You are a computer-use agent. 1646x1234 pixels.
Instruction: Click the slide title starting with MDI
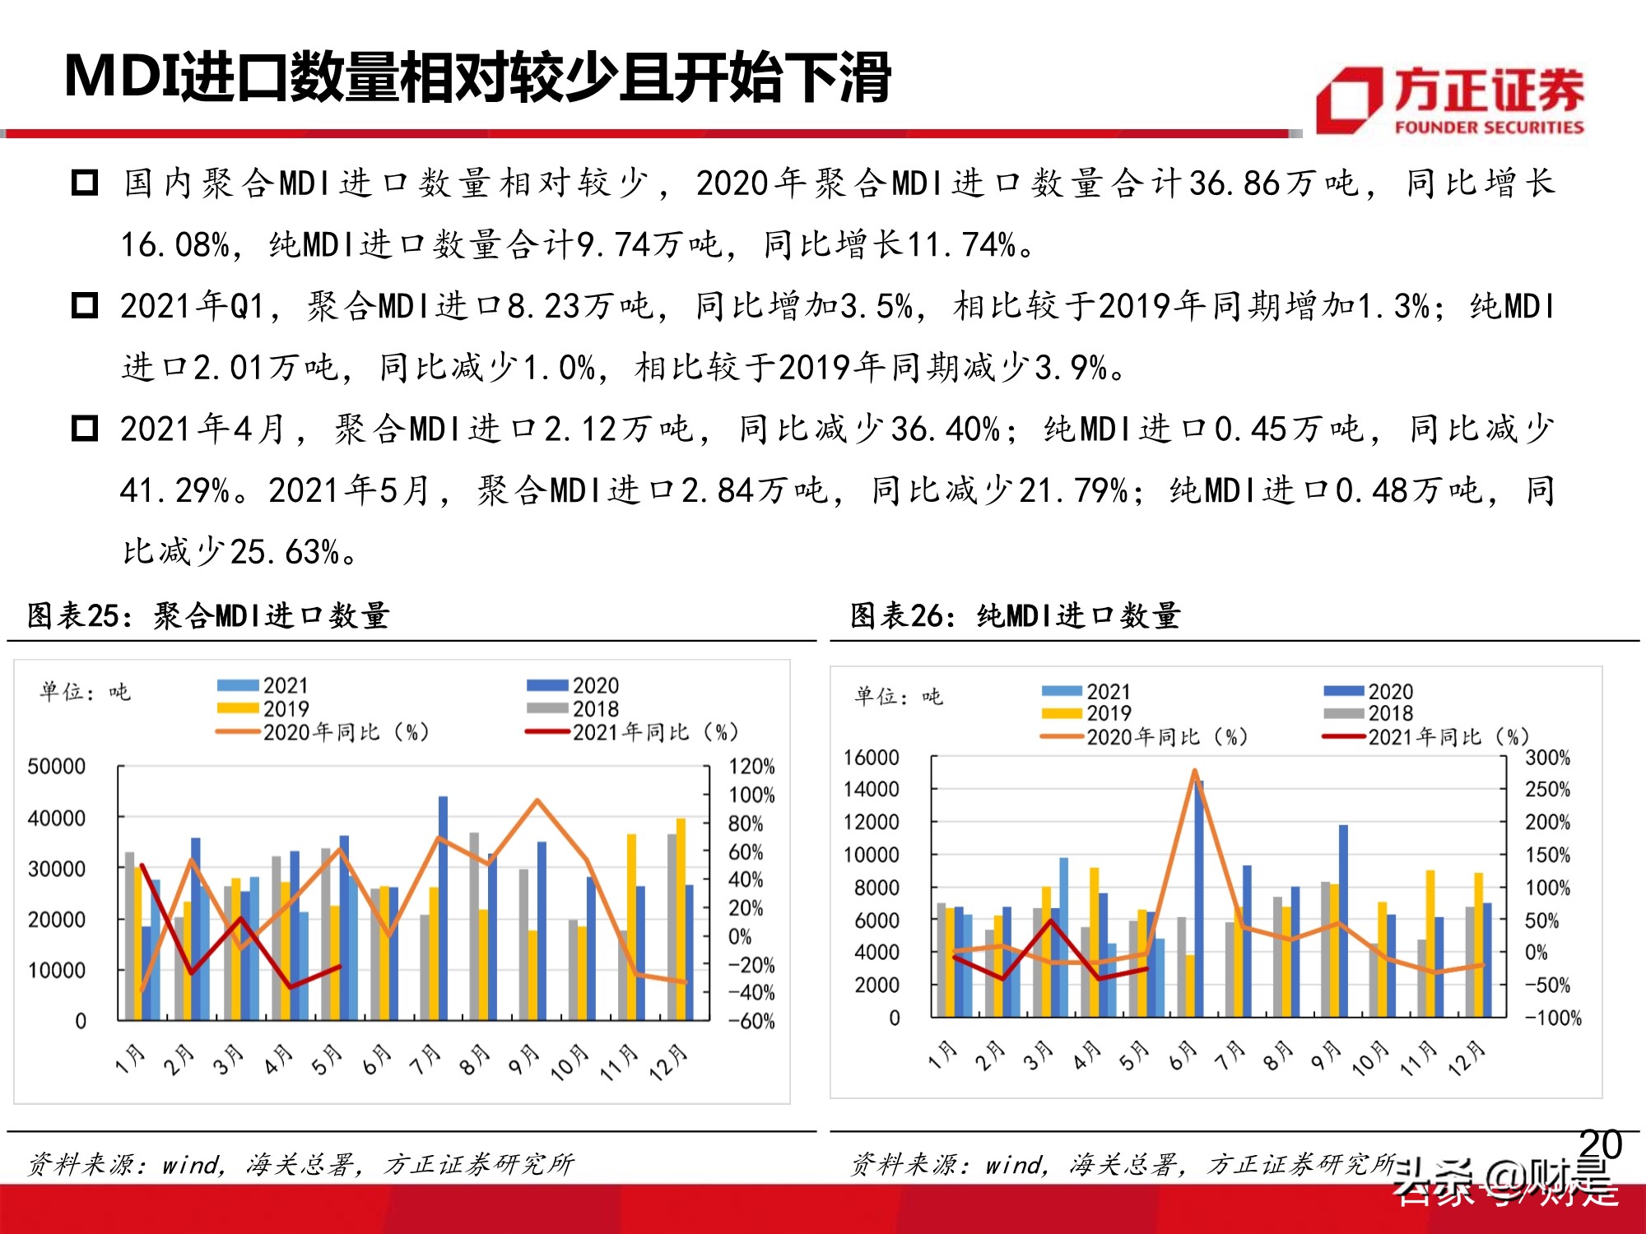coord(477,78)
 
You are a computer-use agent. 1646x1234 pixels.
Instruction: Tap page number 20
coord(1600,1144)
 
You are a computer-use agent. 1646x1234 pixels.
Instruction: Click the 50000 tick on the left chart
coord(56,767)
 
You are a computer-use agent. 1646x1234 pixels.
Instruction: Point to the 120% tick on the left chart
coord(751,767)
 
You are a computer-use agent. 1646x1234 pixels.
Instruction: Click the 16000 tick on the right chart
coord(871,757)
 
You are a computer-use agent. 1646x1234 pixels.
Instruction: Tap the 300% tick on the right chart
coord(1547,757)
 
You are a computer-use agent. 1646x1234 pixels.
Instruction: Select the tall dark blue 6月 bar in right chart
coord(1199,901)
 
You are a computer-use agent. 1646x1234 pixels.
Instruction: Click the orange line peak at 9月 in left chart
coord(537,800)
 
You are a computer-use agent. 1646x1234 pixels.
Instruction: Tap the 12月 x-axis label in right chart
coord(1467,1060)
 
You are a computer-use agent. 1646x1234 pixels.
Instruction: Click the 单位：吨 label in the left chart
coord(84,692)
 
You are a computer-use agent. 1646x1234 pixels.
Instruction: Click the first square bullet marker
coord(85,183)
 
